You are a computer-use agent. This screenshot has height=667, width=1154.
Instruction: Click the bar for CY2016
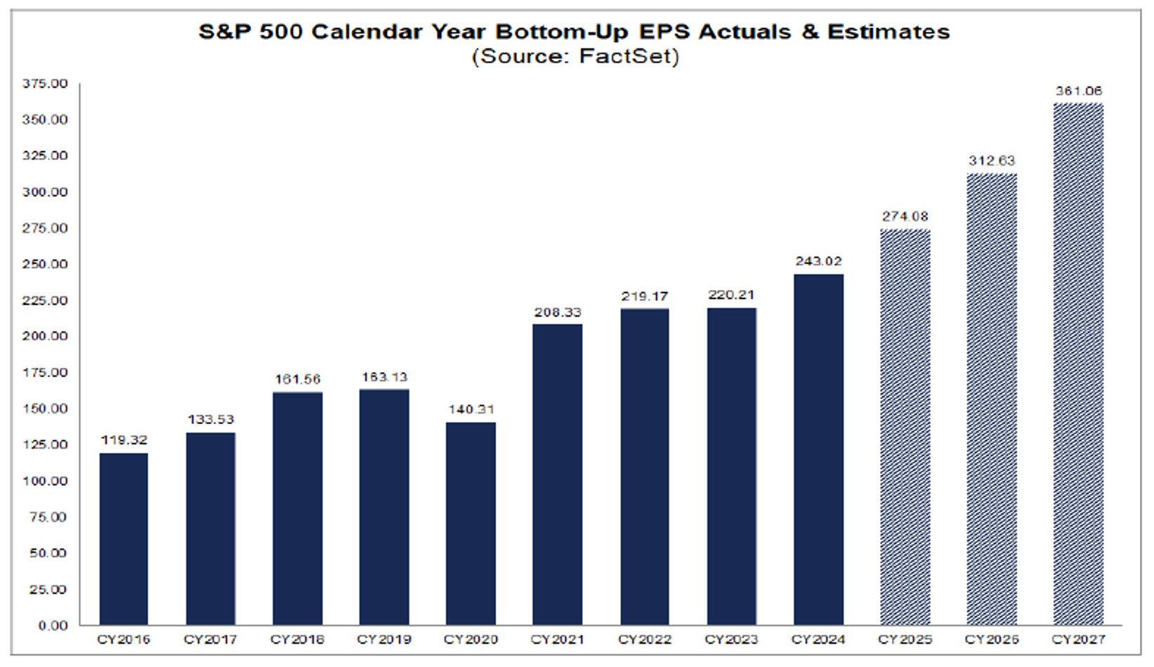click(124, 539)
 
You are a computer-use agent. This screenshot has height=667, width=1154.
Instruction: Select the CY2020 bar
click(471, 523)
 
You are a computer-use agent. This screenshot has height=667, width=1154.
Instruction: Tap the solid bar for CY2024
click(818, 449)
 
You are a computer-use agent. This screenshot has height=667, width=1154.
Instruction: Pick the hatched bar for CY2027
click(1078, 364)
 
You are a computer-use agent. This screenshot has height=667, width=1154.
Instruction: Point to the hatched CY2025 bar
click(905, 427)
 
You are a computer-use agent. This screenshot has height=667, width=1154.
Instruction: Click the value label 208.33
click(558, 312)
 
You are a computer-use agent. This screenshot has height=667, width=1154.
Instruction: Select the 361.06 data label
click(1078, 91)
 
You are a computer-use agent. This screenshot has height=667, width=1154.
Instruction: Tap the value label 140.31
click(471, 409)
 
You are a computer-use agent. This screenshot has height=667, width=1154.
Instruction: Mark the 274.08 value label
click(905, 216)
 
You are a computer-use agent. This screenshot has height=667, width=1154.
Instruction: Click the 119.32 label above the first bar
click(124, 440)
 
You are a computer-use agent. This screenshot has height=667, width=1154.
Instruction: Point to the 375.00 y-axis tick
click(45, 84)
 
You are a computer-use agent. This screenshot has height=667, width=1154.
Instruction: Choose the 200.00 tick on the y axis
click(45, 336)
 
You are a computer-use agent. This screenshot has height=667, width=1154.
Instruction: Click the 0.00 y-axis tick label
click(53, 626)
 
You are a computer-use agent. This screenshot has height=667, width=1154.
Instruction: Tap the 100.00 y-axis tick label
click(45, 481)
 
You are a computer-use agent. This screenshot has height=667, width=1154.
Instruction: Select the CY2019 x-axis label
click(383, 640)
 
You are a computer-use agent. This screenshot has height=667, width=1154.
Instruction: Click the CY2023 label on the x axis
click(731, 640)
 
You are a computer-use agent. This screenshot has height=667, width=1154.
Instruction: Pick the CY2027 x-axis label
click(1078, 640)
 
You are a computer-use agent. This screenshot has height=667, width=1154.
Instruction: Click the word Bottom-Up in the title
click(562, 32)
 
